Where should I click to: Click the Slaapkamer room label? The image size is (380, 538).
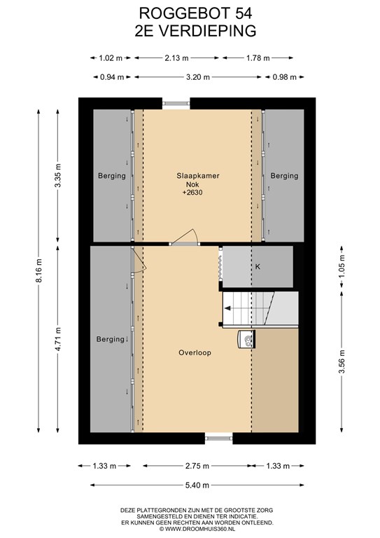[x=198, y=176]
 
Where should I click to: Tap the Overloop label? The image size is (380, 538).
[x=195, y=352]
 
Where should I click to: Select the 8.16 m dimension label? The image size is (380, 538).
[x=38, y=270]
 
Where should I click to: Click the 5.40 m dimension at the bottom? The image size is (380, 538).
[x=197, y=485]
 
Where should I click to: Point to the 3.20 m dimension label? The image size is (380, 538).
[x=198, y=77]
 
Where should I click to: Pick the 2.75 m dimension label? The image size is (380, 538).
[x=197, y=466]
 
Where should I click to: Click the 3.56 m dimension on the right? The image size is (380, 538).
[x=342, y=361]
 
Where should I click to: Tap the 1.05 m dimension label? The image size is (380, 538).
[x=342, y=267]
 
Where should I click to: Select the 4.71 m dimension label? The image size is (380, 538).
[x=58, y=339]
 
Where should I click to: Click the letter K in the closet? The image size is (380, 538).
[x=258, y=266]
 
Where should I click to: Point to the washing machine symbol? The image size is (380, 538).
[x=246, y=339]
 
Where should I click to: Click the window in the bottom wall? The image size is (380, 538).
[x=218, y=438]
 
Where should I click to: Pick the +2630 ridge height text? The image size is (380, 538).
[x=192, y=193]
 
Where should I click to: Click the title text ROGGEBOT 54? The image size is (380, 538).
[x=195, y=13]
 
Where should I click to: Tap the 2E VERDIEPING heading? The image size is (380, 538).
[x=195, y=31]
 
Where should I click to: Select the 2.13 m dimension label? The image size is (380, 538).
[x=176, y=58]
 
